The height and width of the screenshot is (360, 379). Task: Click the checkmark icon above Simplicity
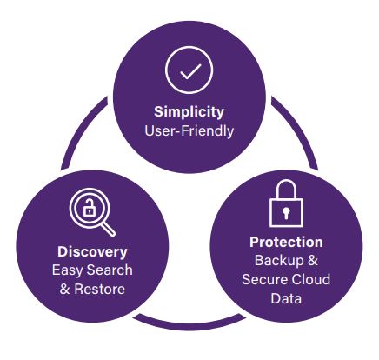(x=189, y=70)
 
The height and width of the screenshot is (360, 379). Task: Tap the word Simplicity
(x=189, y=112)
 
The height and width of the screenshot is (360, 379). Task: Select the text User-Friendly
(x=189, y=130)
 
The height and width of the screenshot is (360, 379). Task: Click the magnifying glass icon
(x=92, y=212)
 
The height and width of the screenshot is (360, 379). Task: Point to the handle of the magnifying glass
(x=109, y=230)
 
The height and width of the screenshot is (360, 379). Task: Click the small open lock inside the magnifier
(x=90, y=208)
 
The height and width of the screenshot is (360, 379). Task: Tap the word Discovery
(x=92, y=251)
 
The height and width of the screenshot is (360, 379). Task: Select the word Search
(x=110, y=270)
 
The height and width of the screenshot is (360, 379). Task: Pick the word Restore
(x=100, y=289)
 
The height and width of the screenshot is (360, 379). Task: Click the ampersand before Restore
(x=65, y=290)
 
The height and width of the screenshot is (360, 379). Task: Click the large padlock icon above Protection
(x=286, y=203)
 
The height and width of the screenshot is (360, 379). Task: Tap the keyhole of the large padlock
(x=286, y=213)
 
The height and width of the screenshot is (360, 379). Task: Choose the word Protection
(x=286, y=242)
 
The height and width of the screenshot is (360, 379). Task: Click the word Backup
(x=279, y=261)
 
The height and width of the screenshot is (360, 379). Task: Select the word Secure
(x=264, y=279)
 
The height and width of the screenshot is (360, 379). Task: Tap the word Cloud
(x=310, y=279)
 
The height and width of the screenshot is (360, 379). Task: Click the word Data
(x=286, y=298)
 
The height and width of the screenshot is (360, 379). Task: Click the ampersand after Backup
(x=313, y=260)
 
